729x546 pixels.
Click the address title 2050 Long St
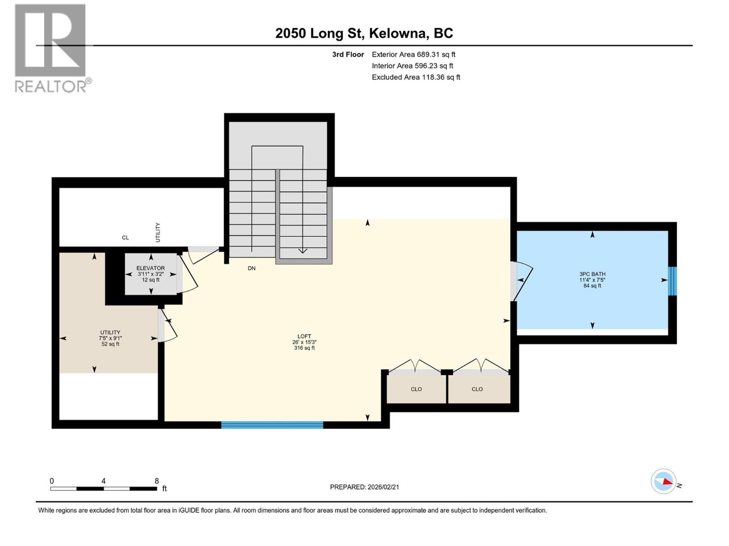pos(364,33)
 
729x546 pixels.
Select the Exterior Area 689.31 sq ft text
pos(413,54)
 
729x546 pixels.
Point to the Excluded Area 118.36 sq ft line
pos(416,77)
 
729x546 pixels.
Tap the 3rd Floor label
pos(348,55)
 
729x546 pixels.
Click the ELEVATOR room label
pos(151,268)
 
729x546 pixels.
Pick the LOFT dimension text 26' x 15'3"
pos(304,342)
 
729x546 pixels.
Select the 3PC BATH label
pos(592,274)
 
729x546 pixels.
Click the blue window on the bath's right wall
pos(673,281)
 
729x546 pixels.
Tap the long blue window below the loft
pos(272,425)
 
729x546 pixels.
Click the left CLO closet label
pos(416,389)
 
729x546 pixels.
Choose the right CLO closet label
pos(477,389)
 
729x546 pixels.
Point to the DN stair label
pos(252,268)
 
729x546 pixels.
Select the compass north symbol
pos(663,481)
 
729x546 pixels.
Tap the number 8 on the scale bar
pos(157,481)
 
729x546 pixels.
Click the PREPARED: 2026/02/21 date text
pos(364,487)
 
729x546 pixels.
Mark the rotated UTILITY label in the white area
pos(158,232)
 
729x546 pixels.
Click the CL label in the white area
pos(125,238)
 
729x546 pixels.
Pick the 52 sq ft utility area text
pos(110,344)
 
